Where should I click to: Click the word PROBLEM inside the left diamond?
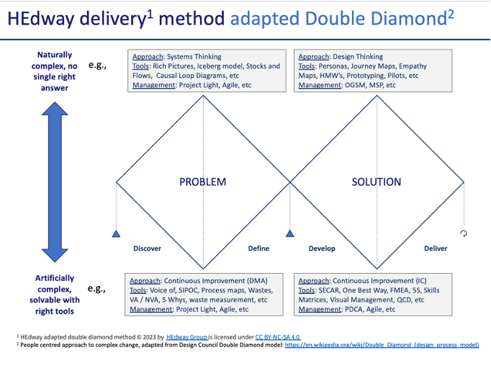202,182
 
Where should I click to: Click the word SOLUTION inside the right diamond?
376,182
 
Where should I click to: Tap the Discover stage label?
147,249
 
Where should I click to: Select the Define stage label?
258,249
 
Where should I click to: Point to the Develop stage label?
322,249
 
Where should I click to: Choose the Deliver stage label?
435,249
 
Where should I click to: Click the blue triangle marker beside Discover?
116,234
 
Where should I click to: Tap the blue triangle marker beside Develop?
289,234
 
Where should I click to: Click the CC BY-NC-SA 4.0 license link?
278,337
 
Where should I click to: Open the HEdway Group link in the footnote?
186,337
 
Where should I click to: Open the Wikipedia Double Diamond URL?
382,345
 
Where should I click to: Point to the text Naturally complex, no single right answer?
55,71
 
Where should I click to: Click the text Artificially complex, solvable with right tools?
55,294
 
